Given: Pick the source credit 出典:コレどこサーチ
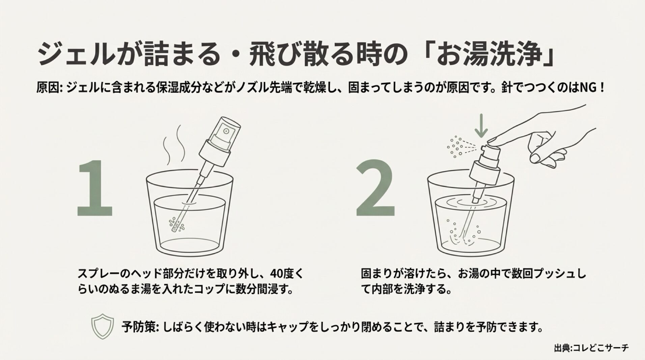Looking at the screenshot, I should (591, 348).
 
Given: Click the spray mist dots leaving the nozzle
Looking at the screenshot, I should (455, 147).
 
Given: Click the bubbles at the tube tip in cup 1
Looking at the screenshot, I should (176, 224).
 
